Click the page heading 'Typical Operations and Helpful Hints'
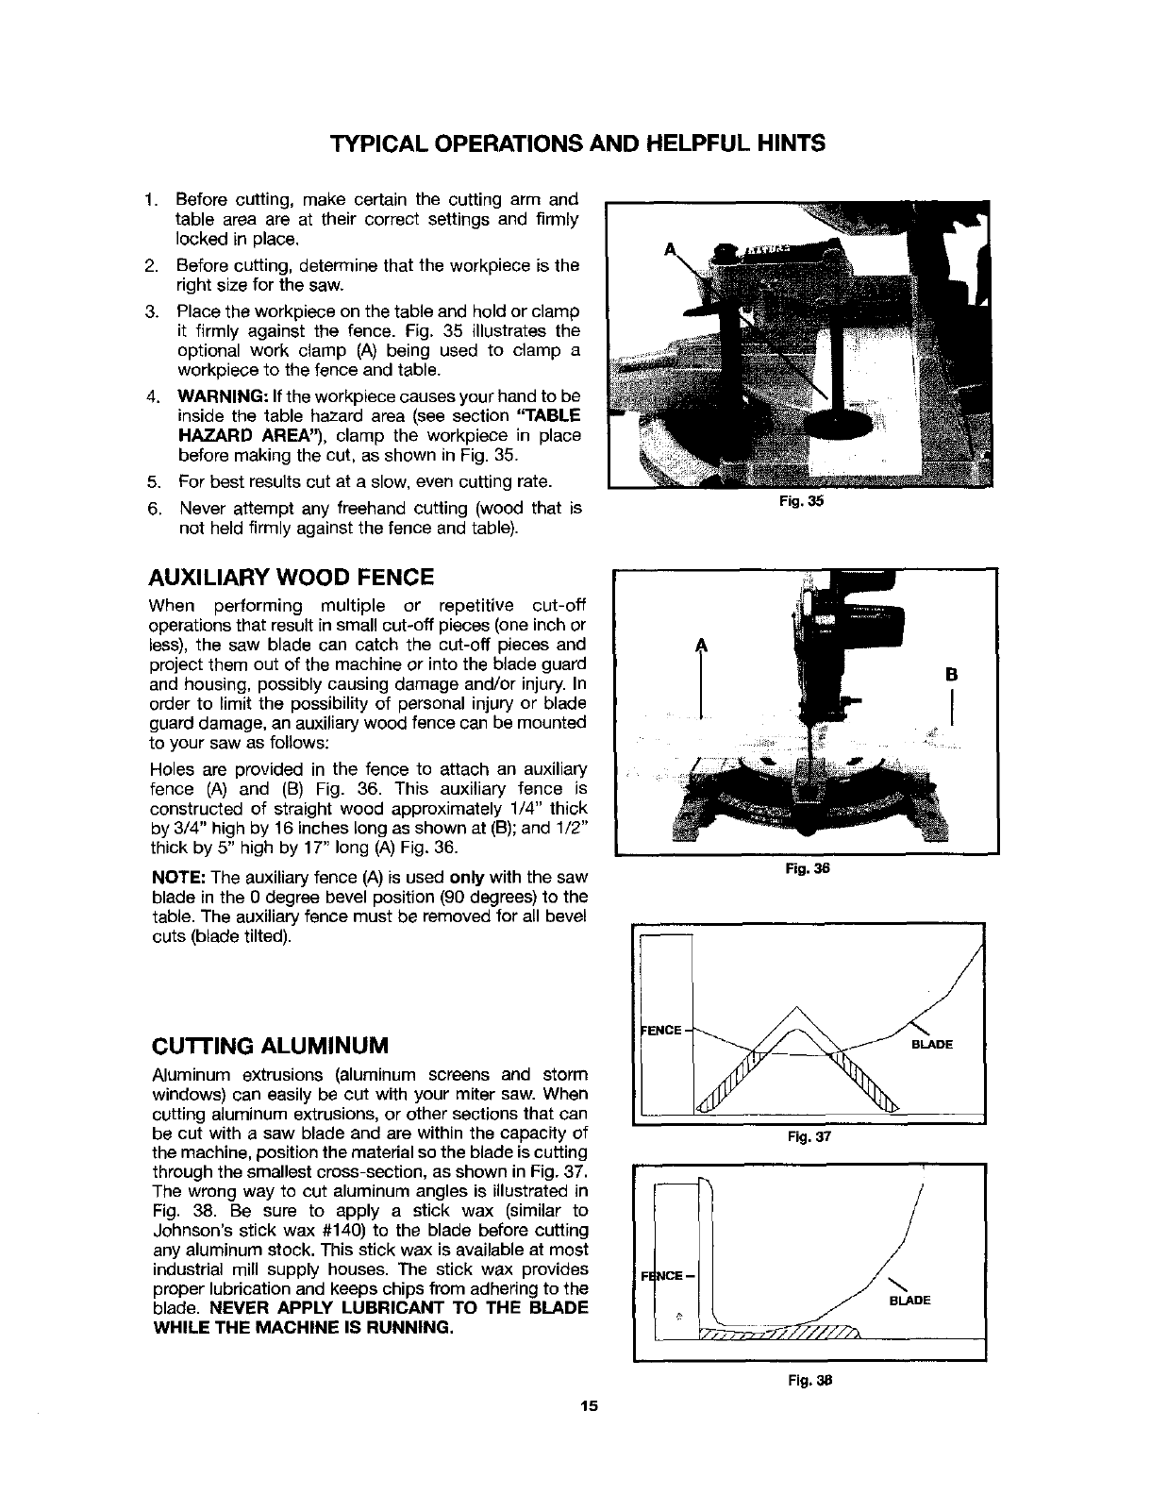[578, 143]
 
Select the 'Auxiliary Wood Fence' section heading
[292, 577]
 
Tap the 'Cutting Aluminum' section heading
[271, 1046]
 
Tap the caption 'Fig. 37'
[805, 1137]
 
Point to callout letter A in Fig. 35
[671, 249]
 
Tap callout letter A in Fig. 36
[700, 645]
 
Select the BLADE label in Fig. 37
[931, 1045]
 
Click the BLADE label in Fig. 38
[910, 1300]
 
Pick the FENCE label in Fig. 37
[661, 1030]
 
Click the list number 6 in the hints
[154, 510]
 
